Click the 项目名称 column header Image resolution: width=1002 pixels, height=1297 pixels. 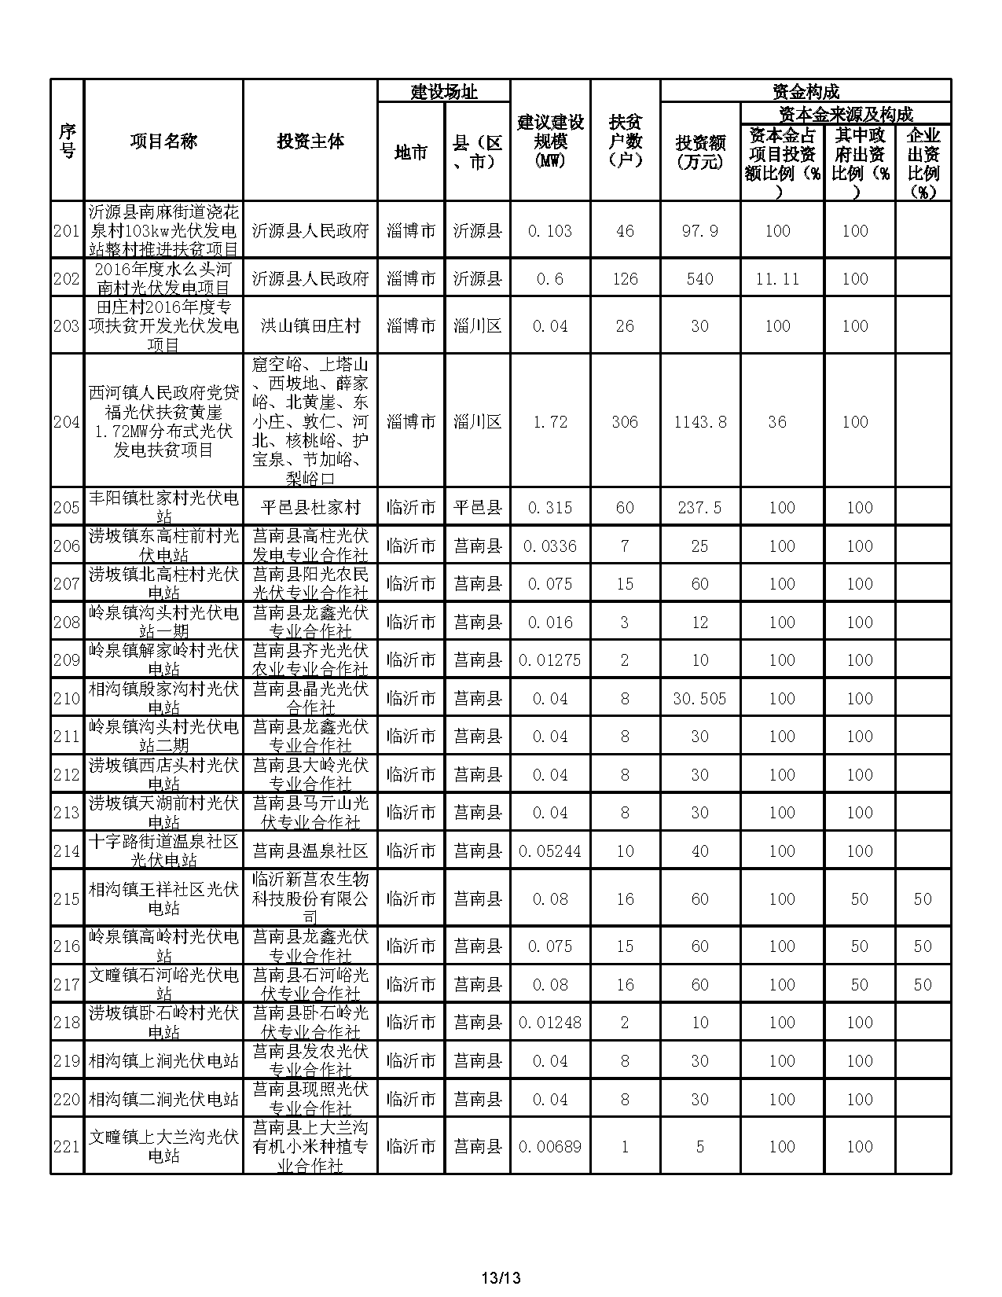[163, 141]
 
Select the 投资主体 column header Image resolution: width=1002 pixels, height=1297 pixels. [310, 141]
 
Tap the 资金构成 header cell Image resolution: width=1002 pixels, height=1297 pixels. [806, 91]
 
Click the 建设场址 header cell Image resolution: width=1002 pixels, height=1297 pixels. [443, 91]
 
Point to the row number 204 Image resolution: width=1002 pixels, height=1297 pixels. [67, 422]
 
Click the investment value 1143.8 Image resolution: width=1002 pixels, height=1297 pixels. [699, 422]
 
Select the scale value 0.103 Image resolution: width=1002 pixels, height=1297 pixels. [550, 231]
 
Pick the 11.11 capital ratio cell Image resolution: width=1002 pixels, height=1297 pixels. [777, 279]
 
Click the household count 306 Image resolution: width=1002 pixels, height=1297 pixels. [625, 422]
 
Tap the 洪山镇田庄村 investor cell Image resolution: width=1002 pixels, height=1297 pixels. [310, 326]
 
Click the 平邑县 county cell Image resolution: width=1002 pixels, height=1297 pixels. [477, 508]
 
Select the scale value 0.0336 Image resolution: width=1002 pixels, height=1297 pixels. [550, 546]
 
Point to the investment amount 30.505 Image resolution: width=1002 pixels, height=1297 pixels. [699, 699]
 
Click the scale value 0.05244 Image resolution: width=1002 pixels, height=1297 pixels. [550, 851]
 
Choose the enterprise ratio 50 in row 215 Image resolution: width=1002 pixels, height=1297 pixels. [923, 899]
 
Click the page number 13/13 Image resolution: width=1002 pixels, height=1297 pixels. [501, 1277]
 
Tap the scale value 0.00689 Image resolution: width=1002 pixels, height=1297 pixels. [550, 1147]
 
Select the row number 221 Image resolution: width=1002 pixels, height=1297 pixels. [67, 1147]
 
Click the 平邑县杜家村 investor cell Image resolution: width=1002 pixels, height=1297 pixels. [310, 508]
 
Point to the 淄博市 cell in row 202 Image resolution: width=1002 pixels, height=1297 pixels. [411, 279]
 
